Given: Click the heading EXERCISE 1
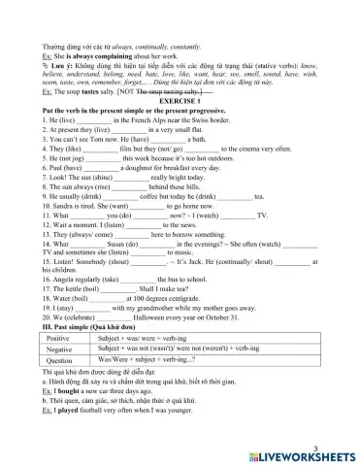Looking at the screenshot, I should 179,100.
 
